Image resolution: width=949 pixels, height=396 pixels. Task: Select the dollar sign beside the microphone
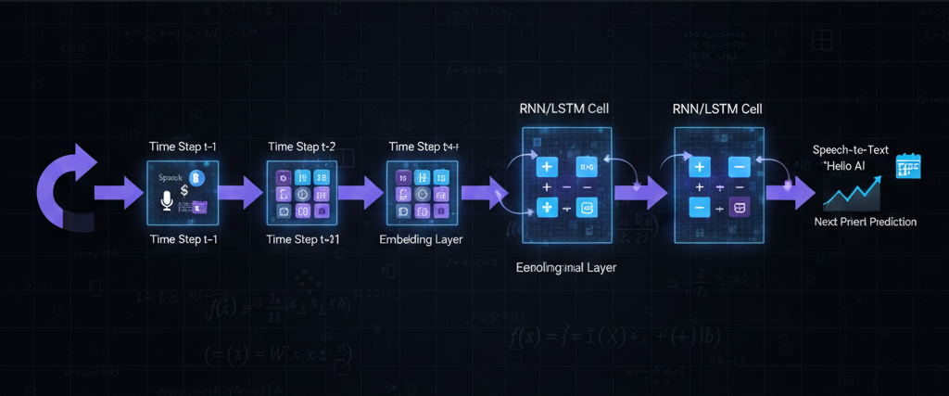click(185, 190)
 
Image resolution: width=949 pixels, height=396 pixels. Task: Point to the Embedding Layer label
click(422, 239)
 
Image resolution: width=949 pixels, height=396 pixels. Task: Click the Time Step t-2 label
click(302, 147)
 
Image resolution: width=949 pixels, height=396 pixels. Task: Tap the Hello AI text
click(845, 164)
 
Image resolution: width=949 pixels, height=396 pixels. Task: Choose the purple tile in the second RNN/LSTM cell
click(739, 208)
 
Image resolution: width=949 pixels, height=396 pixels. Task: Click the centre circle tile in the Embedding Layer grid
click(422, 195)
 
